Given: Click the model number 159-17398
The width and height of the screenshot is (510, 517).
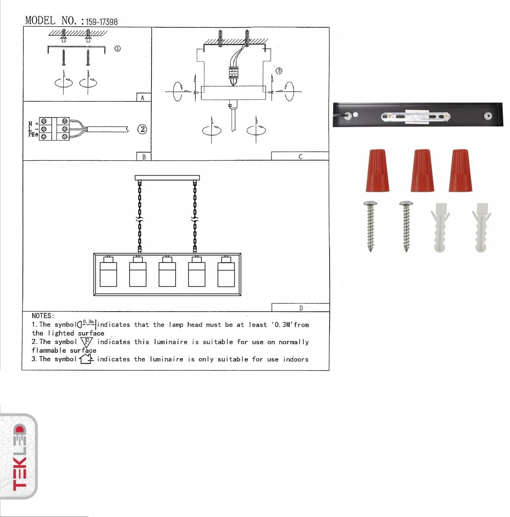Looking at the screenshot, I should point(102,22).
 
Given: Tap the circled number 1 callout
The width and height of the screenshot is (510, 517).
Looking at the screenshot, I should point(117,49).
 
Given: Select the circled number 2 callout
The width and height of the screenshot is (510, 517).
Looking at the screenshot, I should point(142,129).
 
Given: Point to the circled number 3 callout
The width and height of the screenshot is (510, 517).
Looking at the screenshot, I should point(279,71).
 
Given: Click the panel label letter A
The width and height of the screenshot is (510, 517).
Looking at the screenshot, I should point(143,98).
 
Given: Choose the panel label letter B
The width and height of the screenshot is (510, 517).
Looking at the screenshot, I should point(144,157).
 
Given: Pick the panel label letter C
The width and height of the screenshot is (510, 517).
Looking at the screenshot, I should point(300,157).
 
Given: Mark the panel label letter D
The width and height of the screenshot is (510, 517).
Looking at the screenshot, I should point(301,308).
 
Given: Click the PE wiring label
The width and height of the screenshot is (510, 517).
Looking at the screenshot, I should point(33,136).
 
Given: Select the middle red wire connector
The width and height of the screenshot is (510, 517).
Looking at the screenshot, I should point(422,171).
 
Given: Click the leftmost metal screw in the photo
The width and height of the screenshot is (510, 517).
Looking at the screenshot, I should point(371,226).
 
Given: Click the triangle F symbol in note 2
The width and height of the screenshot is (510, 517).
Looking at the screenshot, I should point(87,343).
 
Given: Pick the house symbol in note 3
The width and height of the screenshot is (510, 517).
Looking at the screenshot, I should point(87,359).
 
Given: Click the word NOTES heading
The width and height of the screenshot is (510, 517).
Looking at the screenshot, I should point(43,316).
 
